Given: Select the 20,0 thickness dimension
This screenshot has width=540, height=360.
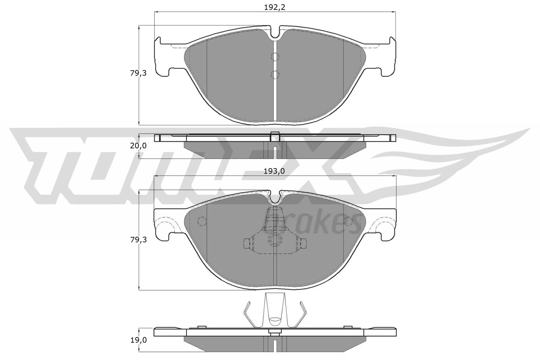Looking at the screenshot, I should coord(138,146).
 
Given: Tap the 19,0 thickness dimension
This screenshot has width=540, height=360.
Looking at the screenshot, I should coord(138,340).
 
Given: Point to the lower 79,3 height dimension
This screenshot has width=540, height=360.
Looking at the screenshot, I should coord(138,240).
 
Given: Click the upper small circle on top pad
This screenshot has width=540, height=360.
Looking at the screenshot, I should coord(275,57).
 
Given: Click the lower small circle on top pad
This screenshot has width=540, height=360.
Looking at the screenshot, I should coord(275,74).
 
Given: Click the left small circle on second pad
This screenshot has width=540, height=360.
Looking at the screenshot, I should coord(202,221).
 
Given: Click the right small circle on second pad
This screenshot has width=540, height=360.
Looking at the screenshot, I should coord(348,221).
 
